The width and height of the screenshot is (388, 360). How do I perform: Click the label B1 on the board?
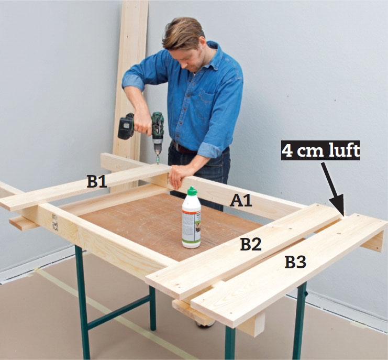pyautogui.click(x=97, y=181)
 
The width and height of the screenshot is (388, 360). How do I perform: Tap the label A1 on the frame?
pyautogui.click(x=241, y=200)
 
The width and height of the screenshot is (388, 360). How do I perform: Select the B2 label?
pyautogui.click(x=251, y=244)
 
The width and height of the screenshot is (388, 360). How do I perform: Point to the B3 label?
pyautogui.click(x=295, y=262)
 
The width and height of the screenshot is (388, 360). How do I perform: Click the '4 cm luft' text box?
pyautogui.click(x=320, y=150)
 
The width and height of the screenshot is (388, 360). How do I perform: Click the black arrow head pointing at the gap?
pyautogui.click(x=338, y=205)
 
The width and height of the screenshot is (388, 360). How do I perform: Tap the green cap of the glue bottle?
pyautogui.click(x=192, y=191)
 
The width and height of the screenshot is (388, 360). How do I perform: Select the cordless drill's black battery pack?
pyautogui.click(x=126, y=126)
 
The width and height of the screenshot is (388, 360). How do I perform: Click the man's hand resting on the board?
pyautogui.click(x=180, y=176)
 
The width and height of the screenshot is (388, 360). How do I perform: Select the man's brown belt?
pyautogui.click(x=183, y=148)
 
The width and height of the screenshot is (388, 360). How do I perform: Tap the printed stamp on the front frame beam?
pyautogui.click(x=55, y=223)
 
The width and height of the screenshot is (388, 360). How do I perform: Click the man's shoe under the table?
pyautogui.click(x=206, y=324)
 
